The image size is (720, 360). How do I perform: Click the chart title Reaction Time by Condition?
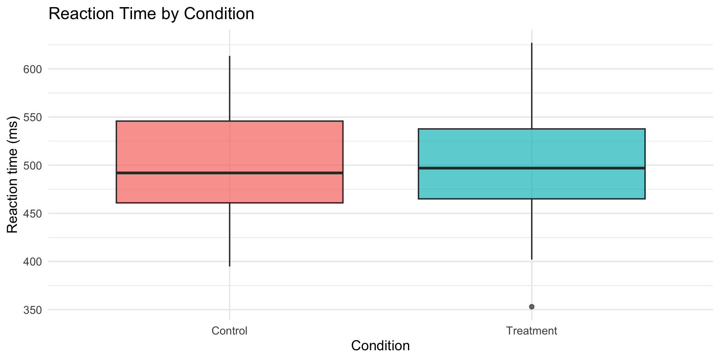pyautogui.click(x=151, y=14)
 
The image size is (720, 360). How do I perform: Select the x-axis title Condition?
pyautogui.click(x=380, y=345)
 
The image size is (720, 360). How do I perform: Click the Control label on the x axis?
pyautogui.click(x=229, y=331)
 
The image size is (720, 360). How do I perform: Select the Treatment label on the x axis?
pyautogui.click(x=531, y=331)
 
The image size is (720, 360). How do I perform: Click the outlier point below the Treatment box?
pyautogui.click(x=531, y=307)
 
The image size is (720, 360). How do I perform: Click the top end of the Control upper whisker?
pyautogui.click(x=229, y=56)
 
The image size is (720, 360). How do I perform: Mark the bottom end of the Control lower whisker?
pyautogui.click(x=229, y=266)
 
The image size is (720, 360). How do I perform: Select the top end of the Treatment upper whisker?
pyautogui.click(x=531, y=43)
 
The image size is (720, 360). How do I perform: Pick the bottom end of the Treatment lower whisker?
pyautogui.click(x=531, y=259)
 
